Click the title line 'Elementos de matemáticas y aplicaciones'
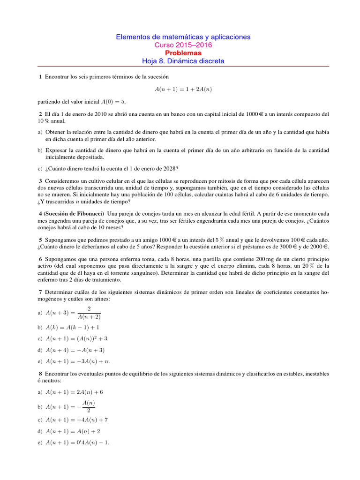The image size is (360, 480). pos(183,37)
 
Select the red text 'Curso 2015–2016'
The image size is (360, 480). pos(183,45)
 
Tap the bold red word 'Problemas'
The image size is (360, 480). pos(183,53)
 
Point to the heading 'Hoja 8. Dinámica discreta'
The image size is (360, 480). pos(183,61)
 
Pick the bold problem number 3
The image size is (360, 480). pos(40,181)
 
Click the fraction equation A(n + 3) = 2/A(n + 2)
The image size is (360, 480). pos(73,313)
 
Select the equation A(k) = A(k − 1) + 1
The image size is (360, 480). pos(73,327)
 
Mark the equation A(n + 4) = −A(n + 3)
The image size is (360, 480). pos(75,350)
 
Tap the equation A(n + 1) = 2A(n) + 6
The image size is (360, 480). pos(75,392)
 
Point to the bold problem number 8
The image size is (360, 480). pos(40,374)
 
